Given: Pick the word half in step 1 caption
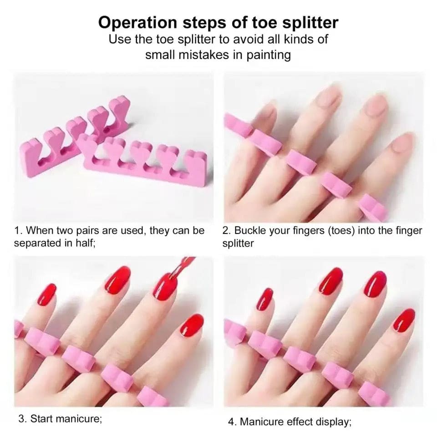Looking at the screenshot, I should pyautogui.click(x=85, y=243).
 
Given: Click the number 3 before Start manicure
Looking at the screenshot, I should pyautogui.click(x=21, y=418).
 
